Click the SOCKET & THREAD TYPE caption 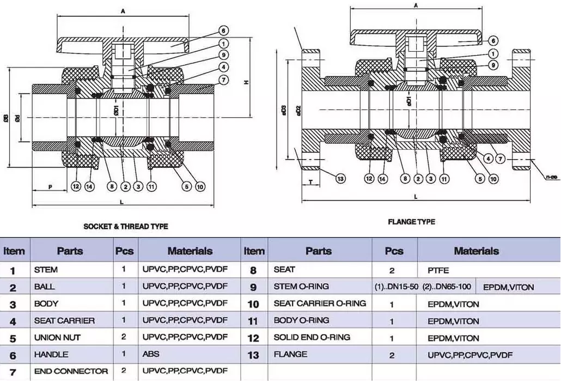coord(125,226)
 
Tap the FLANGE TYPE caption coord(411,222)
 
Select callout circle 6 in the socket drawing coord(224,31)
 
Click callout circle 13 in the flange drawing coord(340,178)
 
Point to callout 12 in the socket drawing coord(76,187)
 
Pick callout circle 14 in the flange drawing coord(383,178)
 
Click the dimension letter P coord(50,187)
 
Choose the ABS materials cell coord(151,354)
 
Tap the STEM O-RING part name coord(301,287)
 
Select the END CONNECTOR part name coord(71,371)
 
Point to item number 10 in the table coord(253,304)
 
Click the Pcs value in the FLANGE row coord(392,355)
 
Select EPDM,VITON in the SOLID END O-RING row coord(453,338)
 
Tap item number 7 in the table coord(13,372)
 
